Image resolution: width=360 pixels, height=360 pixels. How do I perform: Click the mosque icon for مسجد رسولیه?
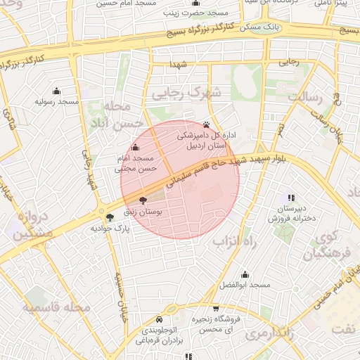pyautogui.click(x=57, y=91)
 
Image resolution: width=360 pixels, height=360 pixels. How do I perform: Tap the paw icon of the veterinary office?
pyautogui.click(x=206, y=122)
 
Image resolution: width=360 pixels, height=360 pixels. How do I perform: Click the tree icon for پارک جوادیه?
pyautogui.click(x=108, y=217)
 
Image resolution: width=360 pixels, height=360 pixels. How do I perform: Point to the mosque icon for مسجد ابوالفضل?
pyautogui.click(x=245, y=274)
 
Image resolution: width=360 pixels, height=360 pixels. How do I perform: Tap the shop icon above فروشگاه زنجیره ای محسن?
pyautogui.click(x=216, y=308)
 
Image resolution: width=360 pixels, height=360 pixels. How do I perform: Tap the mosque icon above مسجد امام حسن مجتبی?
pyautogui.click(x=135, y=148)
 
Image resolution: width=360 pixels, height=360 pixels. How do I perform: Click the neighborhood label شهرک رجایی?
pyautogui.click(x=187, y=92)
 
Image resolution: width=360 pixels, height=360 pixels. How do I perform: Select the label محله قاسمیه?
pyautogui.click(x=56, y=307)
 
